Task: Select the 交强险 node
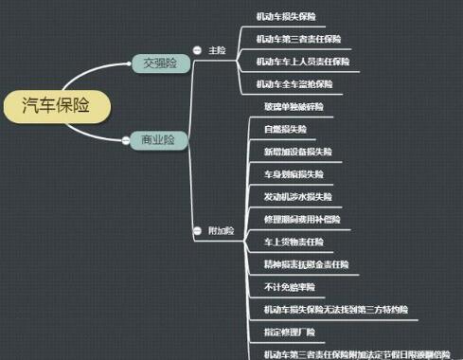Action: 159,63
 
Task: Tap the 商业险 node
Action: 159,139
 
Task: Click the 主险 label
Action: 216,50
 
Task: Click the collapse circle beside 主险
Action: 197,50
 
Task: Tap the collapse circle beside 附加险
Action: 197,230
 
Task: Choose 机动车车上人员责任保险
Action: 302,62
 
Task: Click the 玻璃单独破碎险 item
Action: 294,106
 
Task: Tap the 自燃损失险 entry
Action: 285,129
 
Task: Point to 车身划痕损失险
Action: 294,174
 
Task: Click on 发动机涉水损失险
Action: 297,196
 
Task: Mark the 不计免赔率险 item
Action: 289,286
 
